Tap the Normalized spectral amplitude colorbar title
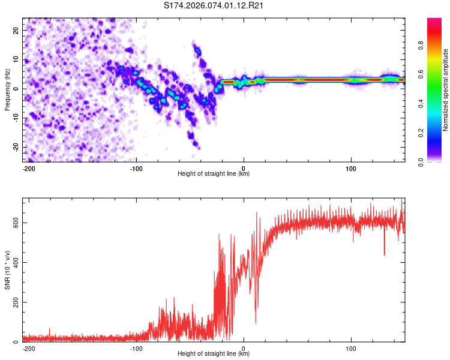point(445,90)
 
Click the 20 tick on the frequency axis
point(16,30)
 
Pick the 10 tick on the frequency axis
point(16,59)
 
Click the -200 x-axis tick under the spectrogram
point(28,167)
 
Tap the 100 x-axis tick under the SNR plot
point(351,347)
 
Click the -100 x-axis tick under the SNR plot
point(136,347)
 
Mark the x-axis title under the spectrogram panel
point(214,173)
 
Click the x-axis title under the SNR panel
point(214,354)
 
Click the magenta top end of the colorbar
point(434,21)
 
